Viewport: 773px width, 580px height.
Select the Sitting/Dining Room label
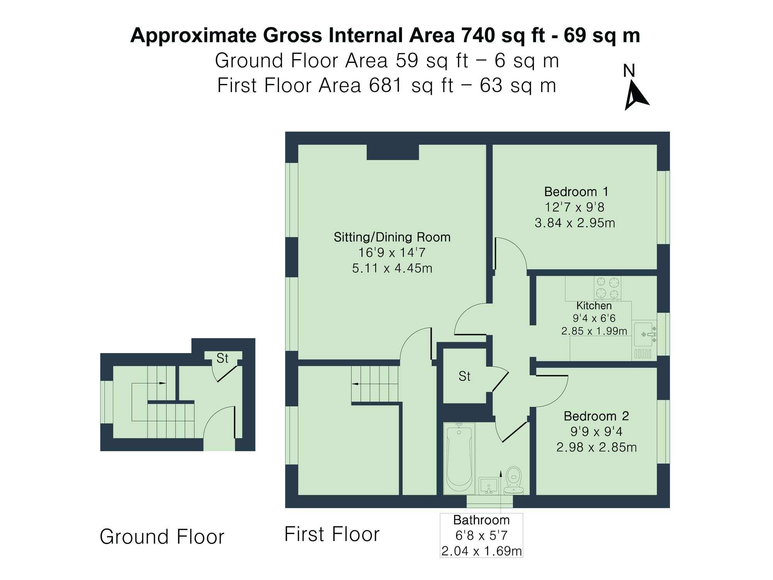[x=392, y=237]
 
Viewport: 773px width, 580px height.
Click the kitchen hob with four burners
[x=607, y=288]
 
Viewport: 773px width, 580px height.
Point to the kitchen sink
[x=644, y=334]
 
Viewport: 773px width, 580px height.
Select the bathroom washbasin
[x=488, y=486]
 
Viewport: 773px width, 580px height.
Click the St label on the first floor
[x=464, y=376]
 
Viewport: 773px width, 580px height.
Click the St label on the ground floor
[x=222, y=358]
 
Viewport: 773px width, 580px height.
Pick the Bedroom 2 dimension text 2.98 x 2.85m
[x=596, y=447]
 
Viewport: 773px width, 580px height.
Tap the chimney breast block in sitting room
[x=392, y=152]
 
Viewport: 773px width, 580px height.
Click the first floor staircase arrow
[x=355, y=384]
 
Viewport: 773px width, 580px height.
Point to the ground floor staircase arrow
[x=162, y=383]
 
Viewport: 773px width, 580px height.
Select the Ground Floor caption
[x=162, y=537]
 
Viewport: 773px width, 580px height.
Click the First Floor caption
[x=332, y=534]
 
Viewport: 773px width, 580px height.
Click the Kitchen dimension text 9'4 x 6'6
[x=594, y=318]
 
